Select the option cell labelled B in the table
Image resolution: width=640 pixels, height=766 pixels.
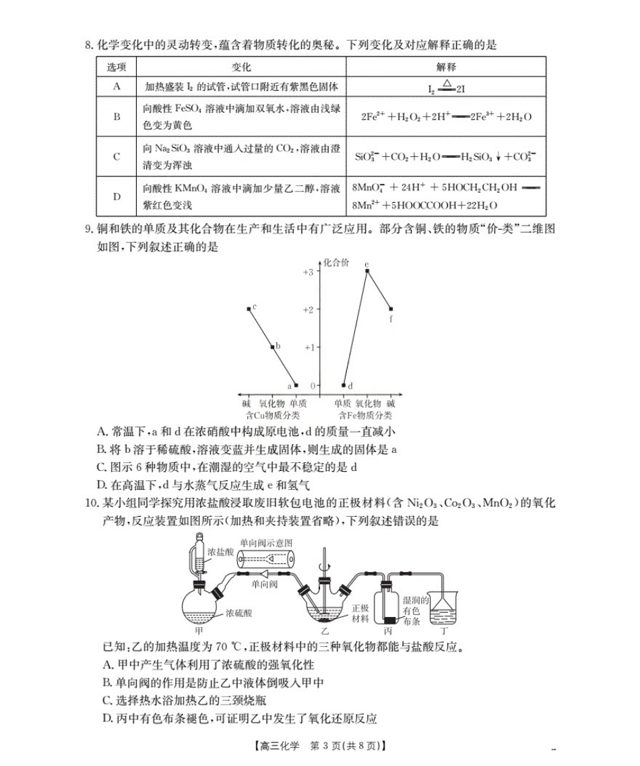(117, 117)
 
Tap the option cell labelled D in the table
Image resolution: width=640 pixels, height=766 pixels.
(117, 196)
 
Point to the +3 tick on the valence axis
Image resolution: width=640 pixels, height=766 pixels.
(307, 272)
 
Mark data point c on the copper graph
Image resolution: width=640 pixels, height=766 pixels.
(249, 309)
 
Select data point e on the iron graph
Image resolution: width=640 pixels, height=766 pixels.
(367, 271)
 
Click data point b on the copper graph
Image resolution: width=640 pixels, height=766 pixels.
(272, 347)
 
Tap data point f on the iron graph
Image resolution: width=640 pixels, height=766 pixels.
(391, 309)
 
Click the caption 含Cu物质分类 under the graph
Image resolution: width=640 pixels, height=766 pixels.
(273, 415)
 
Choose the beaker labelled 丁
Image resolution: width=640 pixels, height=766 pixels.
(445, 609)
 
